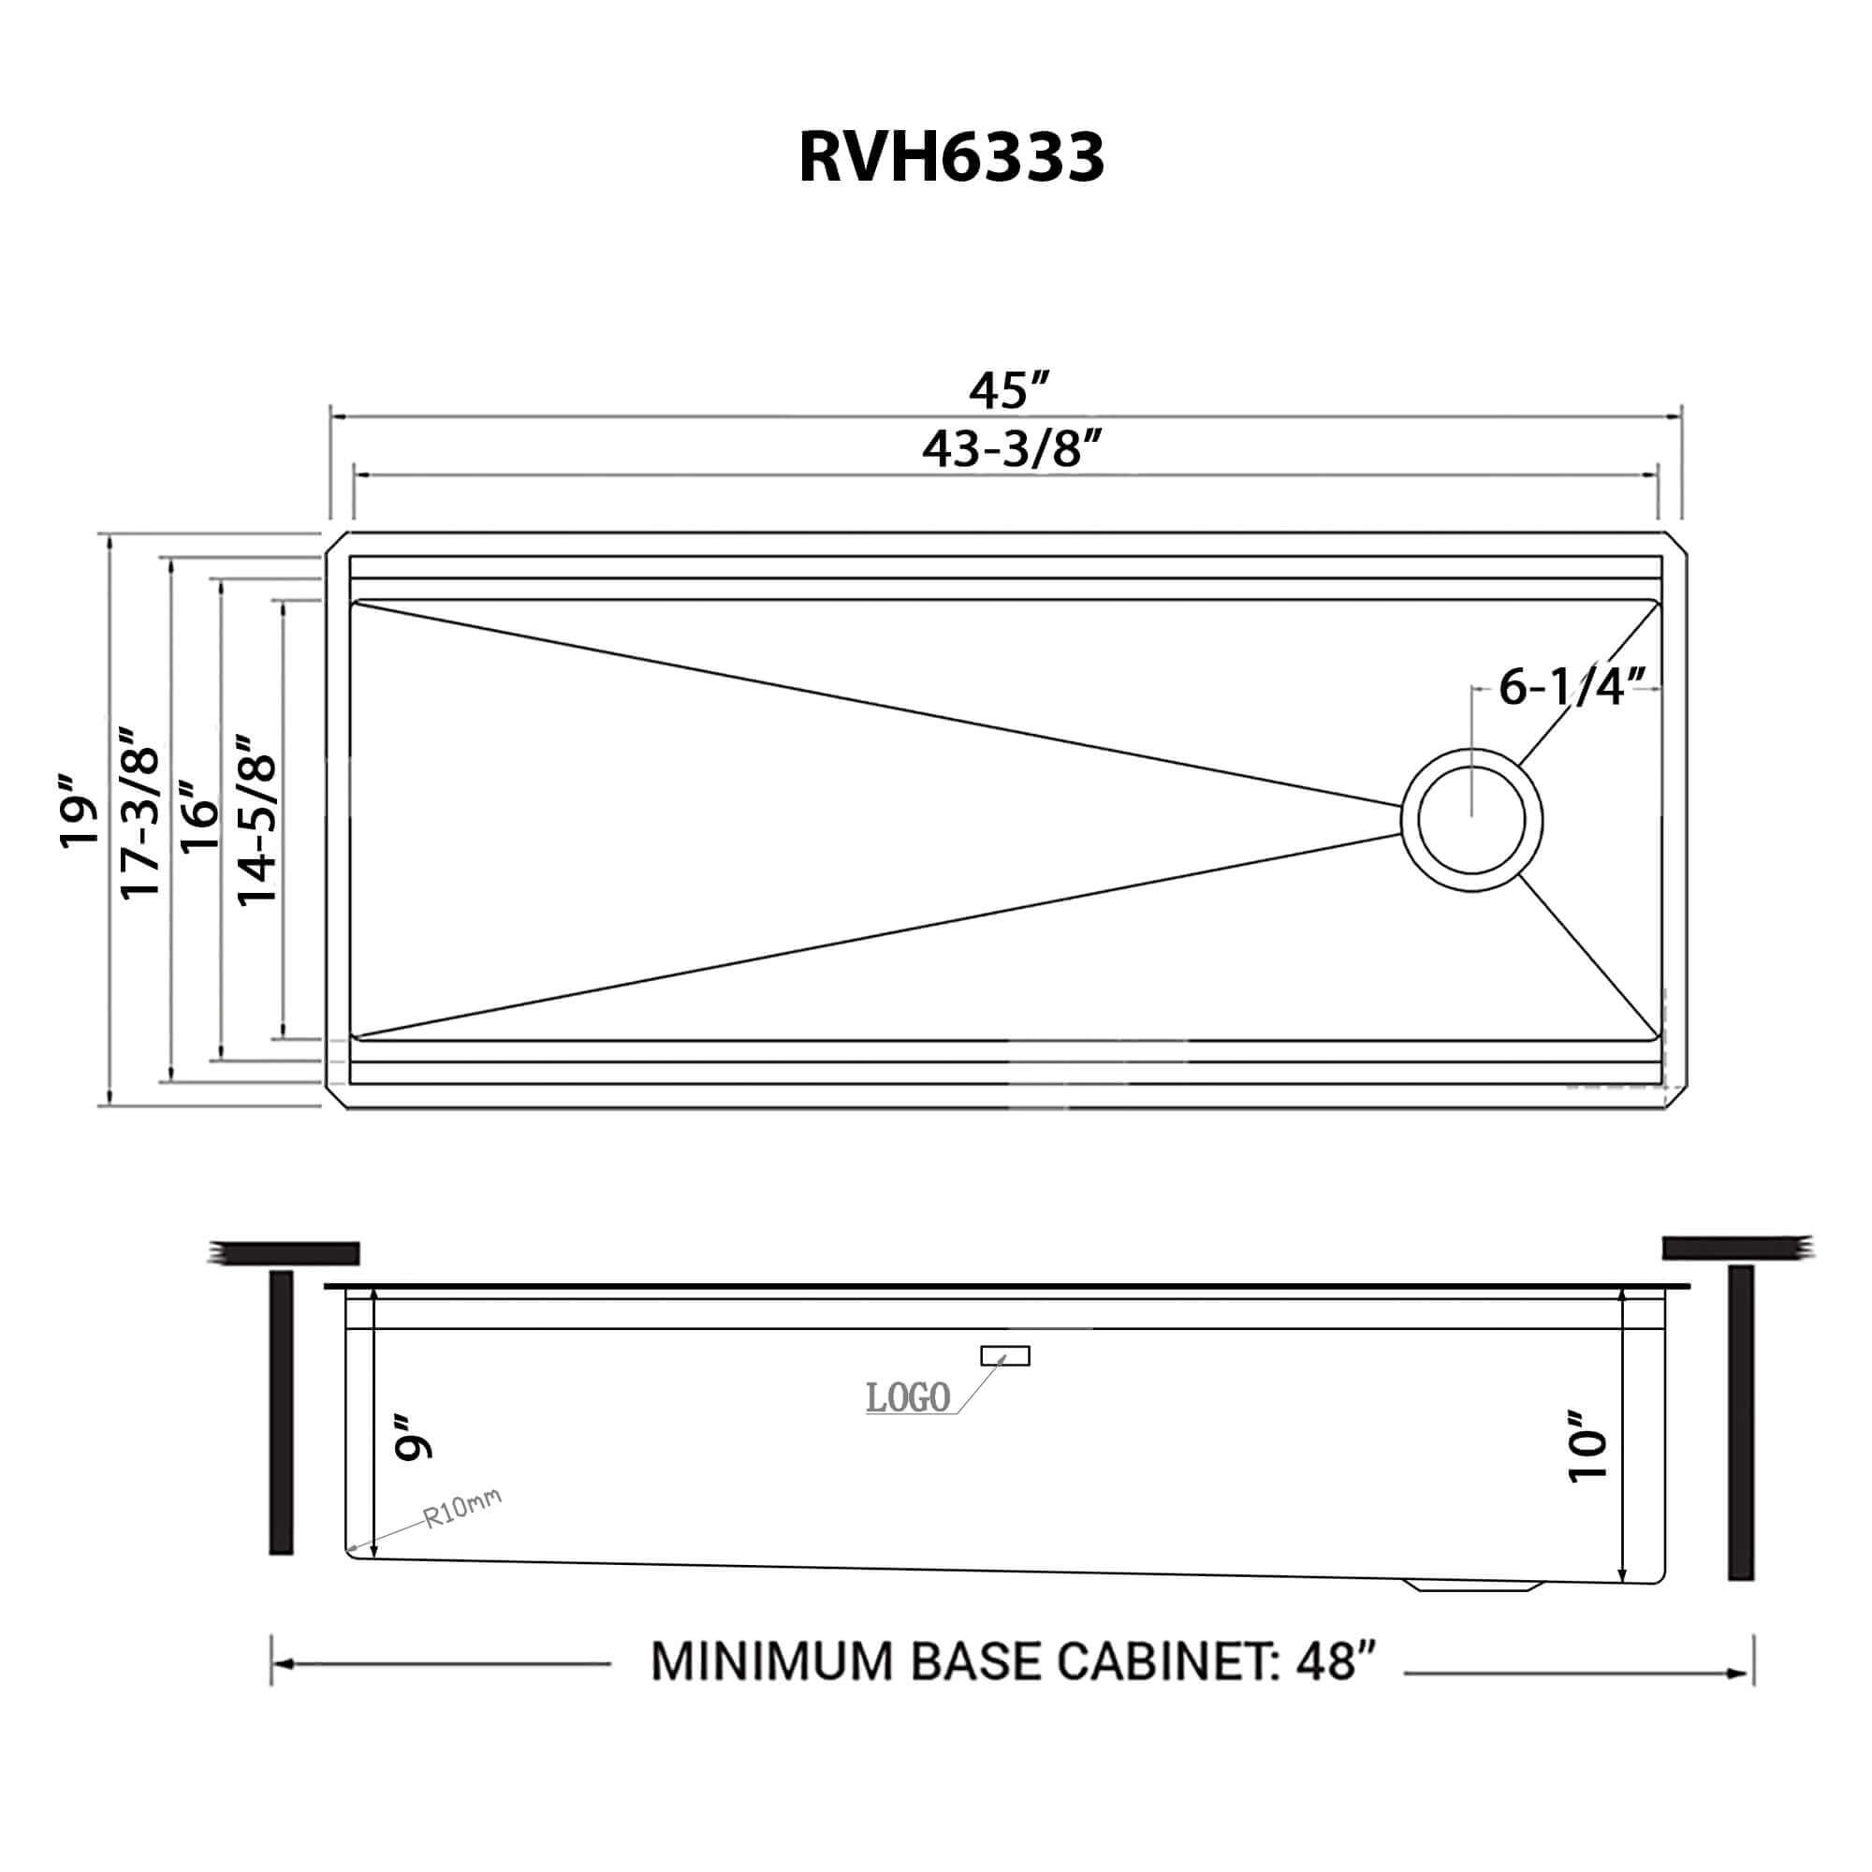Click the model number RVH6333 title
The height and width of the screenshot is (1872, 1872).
(951, 158)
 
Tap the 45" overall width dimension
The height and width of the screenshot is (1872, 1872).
(1010, 390)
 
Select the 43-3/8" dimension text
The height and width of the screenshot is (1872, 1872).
(1012, 448)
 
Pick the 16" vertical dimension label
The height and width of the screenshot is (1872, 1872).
(200, 817)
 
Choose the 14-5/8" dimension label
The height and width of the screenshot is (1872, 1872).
(257, 819)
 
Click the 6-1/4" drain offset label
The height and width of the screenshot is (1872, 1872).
(1572, 687)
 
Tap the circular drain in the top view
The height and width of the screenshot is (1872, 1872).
(1470, 820)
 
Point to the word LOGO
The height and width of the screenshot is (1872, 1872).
(907, 1398)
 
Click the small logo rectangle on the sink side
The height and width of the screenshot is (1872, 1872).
(1004, 1355)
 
